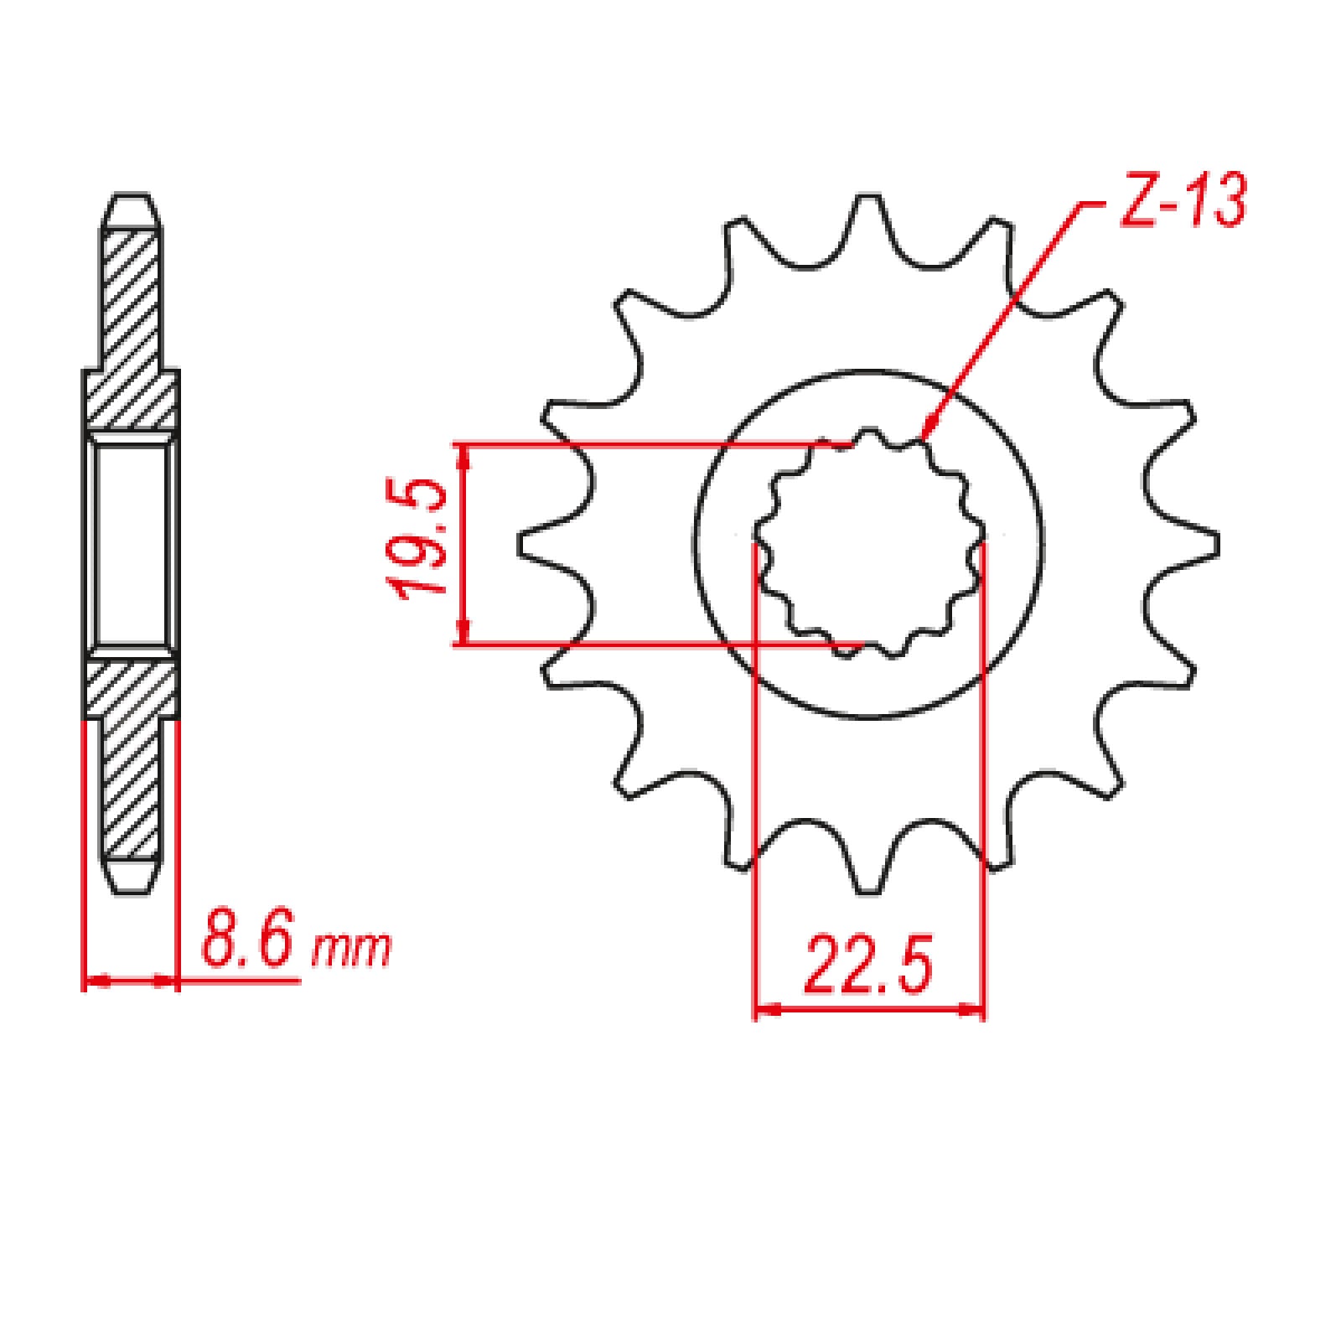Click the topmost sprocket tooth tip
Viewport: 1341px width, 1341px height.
(868, 199)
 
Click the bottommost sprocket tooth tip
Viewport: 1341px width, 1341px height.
(868, 890)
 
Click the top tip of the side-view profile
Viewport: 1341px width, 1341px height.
(131, 198)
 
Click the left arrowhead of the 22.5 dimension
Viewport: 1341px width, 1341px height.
(764, 1010)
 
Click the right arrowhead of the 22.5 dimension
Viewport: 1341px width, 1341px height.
(976, 1010)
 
